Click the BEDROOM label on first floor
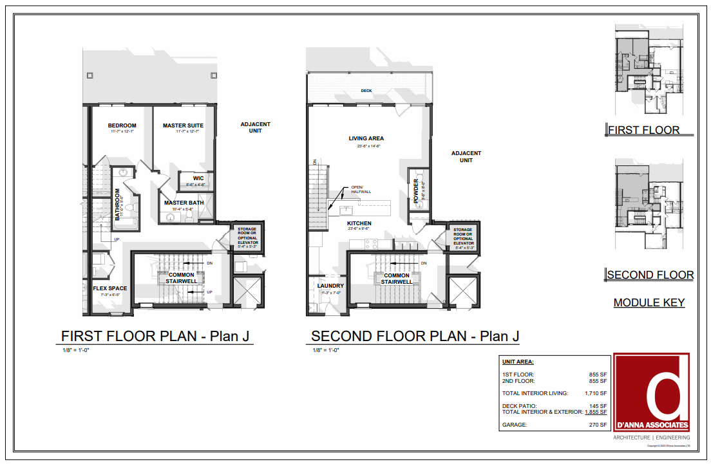click(x=122, y=125)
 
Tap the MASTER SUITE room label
click(x=183, y=125)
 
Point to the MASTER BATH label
click(x=184, y=203)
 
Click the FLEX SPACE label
click(x=109, y=288)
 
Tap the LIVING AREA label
click(x=366, y=138)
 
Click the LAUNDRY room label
click(x=330, y=286)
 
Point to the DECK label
click(x=366, y=91)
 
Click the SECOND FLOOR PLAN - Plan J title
click(x=415, y=336)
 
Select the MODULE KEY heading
click(x=649, y=302)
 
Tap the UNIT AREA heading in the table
click(x=518, y=362)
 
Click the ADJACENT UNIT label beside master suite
click(x=256, y=127)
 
